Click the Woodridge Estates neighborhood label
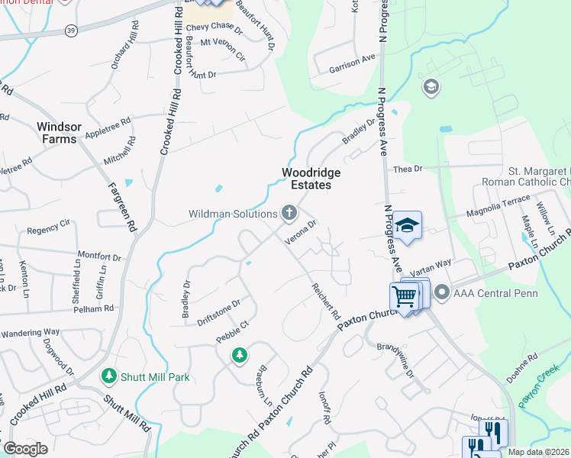311,179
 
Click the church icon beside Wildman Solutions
289,212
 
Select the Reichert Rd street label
325,301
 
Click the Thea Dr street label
407,169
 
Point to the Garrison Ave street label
352,63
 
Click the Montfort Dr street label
99,258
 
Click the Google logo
25,449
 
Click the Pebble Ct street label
233,330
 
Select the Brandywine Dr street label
395,359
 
